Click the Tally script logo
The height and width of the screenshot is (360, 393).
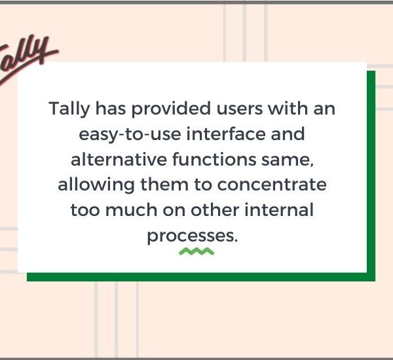pos(28,60)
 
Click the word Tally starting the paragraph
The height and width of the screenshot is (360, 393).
pos(69,109)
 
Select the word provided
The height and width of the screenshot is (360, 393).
pos(171,108)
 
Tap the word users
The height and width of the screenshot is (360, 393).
pos(240,109)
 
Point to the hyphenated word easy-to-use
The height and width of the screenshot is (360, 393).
pos(130,135)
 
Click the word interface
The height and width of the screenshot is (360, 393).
pos(226,134)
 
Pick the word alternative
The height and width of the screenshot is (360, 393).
pos(119,159)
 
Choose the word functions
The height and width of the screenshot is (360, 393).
pos(214,159)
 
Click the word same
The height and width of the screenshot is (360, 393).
pos(288,160)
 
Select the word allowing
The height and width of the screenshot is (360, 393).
pos(96,185)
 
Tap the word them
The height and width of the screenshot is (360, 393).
pos(164,185)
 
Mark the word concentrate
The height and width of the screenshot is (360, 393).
pos(272,185)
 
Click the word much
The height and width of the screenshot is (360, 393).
pos(131,209)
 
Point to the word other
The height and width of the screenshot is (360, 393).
pos(215,209)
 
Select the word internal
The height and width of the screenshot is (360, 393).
pos(279,209)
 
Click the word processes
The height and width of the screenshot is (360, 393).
pos(192,236)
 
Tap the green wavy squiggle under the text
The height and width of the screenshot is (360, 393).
pos(196,251)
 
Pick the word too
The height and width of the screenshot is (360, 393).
pos(85,210)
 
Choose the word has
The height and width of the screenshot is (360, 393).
pos(111,108)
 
